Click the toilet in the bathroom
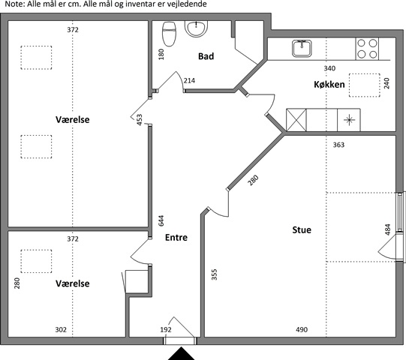coord(169,34)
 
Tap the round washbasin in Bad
coord(196,28)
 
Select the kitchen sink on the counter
coord(302,48)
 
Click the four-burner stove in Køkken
coord(367,49)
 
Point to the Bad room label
coord(206,56)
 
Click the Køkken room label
coord(329,84)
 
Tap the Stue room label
coord(302,229)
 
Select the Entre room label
coord(176,237)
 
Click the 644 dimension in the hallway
coord(161,220)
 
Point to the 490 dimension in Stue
coord(302,329)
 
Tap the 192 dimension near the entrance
coord(166,329)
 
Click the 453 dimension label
coord(140,120)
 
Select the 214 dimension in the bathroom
coord(189,81)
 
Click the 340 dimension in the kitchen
coord(329,68)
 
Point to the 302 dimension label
coord(61,329)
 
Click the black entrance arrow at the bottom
coord(182,354)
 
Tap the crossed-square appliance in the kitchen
coord(296,120)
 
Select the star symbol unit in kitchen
coord(349,120)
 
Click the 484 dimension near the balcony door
coord(387,229)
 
